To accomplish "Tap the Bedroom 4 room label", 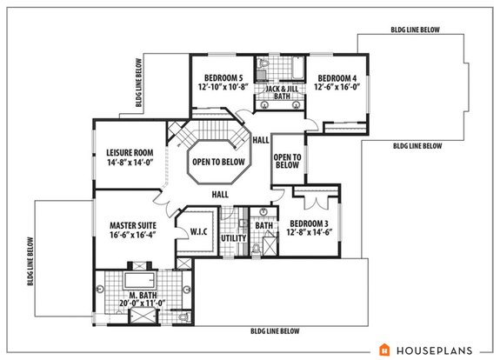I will point(333,77).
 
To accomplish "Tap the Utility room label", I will point(231,237).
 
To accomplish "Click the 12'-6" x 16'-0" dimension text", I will point(333,87).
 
